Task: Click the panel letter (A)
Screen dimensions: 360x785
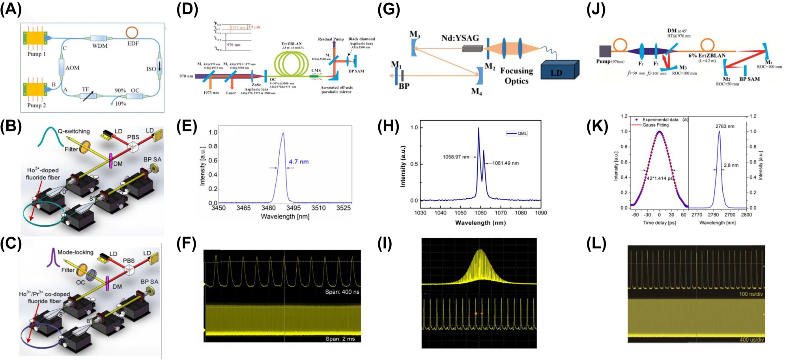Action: (11, 9)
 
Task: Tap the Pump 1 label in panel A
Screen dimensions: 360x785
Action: (36, 54)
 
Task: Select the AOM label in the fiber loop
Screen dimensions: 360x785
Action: (73, 68)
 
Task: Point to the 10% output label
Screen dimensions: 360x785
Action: (120, 104)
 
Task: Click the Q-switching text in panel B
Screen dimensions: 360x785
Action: (74, 131)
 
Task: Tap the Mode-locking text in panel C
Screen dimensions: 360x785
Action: (75, 252)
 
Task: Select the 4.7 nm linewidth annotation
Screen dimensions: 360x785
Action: (299, 162)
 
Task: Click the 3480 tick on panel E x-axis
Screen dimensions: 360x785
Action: (268, 208)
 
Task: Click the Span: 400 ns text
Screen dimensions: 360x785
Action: (342, 292)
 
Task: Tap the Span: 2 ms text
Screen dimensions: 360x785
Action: (340, 339)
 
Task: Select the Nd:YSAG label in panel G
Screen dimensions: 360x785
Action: (460, 38)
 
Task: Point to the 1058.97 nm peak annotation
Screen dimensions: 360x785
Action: (456, 157)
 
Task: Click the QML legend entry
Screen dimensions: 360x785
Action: (517, 133)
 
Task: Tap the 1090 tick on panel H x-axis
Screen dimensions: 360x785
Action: (541, 213)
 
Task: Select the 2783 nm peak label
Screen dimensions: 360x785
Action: (725, 127)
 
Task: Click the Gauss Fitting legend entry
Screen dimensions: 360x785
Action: (655, 125)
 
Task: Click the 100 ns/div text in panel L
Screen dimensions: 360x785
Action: (749, 295)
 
